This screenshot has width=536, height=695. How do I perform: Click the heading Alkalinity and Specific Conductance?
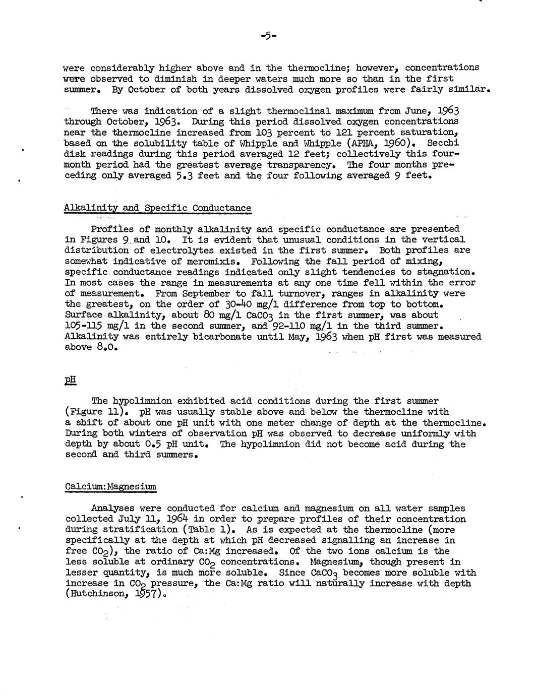[157, 208]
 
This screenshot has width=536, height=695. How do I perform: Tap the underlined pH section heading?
[70, 380]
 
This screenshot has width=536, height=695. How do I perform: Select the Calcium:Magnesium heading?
[111, 486]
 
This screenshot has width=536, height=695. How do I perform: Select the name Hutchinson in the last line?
[96, 594]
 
